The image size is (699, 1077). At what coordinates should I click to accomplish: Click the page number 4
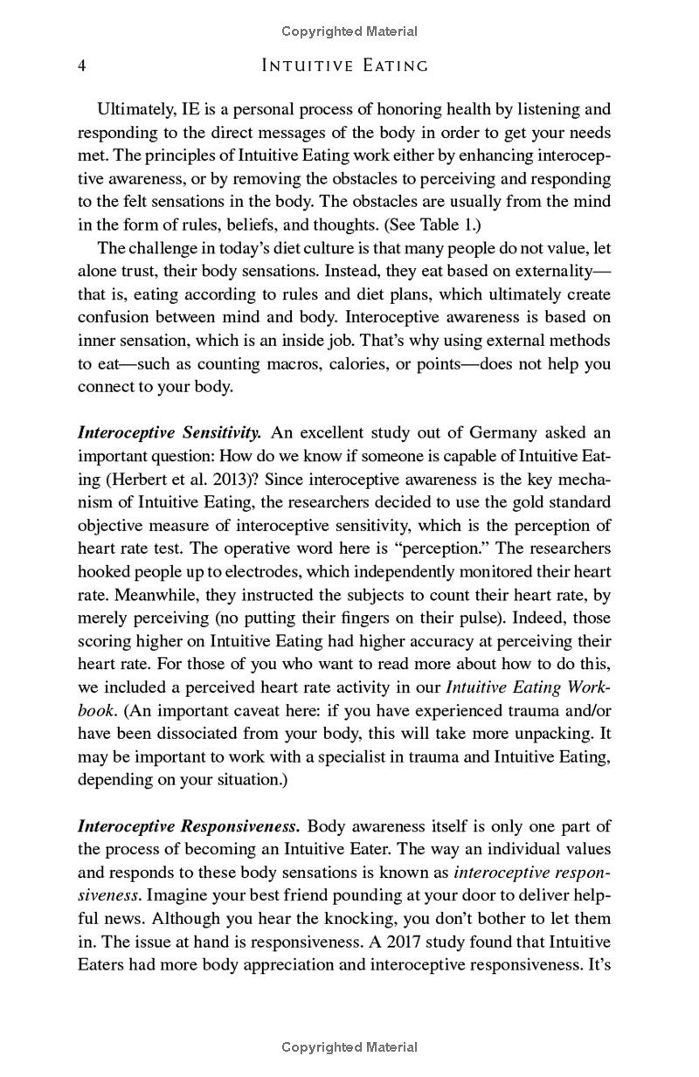point(81,66)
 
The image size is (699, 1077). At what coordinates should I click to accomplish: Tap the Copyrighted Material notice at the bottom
point(349,1046)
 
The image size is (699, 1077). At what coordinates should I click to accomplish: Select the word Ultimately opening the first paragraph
point(136,109)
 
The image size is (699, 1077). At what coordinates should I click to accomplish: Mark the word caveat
point(260,710)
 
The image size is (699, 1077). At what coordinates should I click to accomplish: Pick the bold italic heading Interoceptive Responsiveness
point(189,825)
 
